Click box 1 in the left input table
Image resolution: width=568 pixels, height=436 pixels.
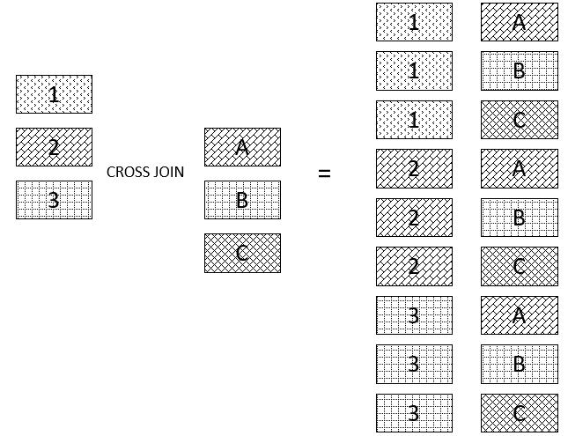[x=54, y=94]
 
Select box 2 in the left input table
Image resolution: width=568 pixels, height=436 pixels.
[x=54, y=147]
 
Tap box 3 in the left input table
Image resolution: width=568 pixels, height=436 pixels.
[x=54, y=200]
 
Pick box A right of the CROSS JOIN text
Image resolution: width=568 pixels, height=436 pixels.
[x=242, y=147]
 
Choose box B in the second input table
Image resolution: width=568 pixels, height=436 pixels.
[x=242, y=200]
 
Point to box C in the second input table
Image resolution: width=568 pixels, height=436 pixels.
[x=242, y=253]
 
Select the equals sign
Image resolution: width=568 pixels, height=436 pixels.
[x=324, y=174]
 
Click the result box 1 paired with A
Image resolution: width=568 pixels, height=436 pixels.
[x=414, y=22]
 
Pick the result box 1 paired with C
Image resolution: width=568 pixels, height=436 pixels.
[x=414, y=120]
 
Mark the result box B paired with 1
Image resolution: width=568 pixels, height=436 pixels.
[x=519, y=70]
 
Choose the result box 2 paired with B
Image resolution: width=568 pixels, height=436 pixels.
[x=414, y=218]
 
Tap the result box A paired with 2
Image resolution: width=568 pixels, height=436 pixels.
[x=519, y=168]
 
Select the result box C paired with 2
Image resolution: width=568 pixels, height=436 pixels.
[x=519, y=266]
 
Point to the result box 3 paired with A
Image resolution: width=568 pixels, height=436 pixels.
[x=414, y=315]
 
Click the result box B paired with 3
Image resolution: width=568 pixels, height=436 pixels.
[x=519, y=364]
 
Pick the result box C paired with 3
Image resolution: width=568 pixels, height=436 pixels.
[x=519, y=413]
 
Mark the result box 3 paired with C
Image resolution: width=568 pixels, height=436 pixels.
[x=414, y=413]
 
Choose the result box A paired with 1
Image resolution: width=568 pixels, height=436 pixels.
[x=519, y=22]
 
